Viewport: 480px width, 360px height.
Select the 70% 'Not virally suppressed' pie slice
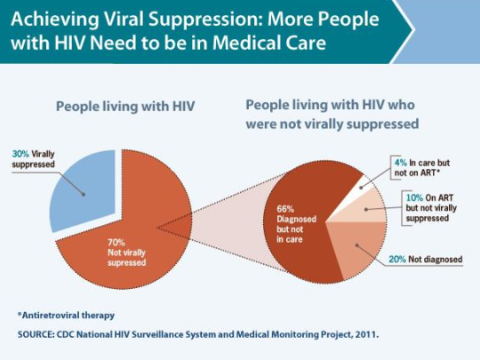[142, 222]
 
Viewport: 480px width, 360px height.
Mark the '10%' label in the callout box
[414, 196]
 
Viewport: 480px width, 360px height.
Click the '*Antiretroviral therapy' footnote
[66, 315]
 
